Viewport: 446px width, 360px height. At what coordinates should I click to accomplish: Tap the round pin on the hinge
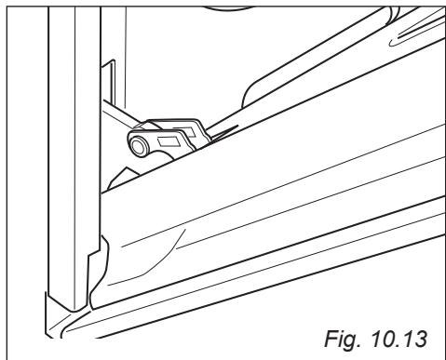coord(137,145)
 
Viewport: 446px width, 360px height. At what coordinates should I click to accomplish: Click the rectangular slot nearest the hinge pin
coord(169,141)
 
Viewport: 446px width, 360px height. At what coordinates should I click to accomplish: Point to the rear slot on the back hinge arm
coord(184,131)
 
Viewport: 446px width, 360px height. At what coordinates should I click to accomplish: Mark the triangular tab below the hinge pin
coord(122,179)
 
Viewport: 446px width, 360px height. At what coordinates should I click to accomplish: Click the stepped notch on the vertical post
coord(94,252)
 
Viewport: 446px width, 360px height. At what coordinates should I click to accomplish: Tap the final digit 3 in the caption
coord(420,339)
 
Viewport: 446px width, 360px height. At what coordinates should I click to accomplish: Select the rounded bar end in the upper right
coord(392,15)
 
